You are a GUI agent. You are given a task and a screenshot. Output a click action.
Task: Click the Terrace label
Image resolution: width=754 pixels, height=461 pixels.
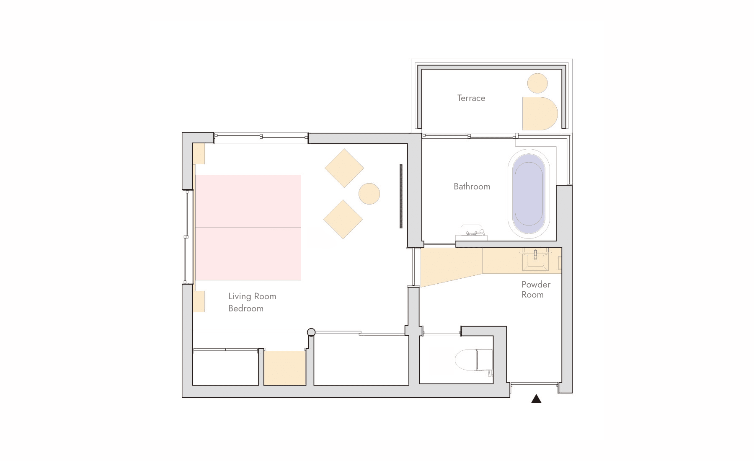tap(471, 98)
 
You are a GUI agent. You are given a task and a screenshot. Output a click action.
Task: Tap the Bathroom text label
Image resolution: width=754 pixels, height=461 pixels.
tap(472, 186)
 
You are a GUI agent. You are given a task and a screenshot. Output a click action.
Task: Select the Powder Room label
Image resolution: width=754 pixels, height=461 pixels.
tap(536, 289)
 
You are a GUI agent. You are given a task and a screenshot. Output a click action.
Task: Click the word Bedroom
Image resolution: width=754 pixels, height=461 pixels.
tap(246, 308)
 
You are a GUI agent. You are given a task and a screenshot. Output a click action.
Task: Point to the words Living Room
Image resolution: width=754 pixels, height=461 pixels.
tap(252, 296)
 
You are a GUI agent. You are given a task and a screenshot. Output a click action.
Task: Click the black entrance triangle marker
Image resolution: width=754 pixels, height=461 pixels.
tap(536, 399)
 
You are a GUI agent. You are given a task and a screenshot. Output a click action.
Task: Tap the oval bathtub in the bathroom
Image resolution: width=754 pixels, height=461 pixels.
tap(529, 194)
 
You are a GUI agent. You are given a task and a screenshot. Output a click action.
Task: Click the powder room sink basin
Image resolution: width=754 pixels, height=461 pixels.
tap(535, 260)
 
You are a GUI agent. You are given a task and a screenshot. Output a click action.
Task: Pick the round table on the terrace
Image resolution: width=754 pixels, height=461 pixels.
tap(537, 83)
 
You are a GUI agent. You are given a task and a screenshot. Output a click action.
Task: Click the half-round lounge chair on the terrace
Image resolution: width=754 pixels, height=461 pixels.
tap(540, 114)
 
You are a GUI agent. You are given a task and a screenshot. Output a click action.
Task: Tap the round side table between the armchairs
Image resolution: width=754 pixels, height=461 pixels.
tap(369, 194)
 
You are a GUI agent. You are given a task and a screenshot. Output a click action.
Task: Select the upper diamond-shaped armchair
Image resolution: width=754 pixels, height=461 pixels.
tap(344, 168)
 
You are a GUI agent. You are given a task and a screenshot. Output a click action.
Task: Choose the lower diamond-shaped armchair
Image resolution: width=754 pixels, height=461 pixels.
tap(343, 219)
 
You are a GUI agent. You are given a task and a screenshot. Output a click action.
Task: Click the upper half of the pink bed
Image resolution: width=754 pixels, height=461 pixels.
tap(248, 201)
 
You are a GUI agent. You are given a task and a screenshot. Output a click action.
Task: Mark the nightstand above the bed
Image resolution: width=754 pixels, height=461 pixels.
tap(199, 154)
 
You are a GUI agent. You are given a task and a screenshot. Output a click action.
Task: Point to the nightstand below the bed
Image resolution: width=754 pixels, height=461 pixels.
tap(199, 301)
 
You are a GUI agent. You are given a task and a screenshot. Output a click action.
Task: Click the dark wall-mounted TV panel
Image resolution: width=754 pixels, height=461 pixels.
tap(401, 196)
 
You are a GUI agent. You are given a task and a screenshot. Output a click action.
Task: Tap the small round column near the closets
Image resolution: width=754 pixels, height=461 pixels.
tap(311, 332)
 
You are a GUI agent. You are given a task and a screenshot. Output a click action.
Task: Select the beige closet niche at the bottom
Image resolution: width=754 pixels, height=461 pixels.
tap(285, 368)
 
